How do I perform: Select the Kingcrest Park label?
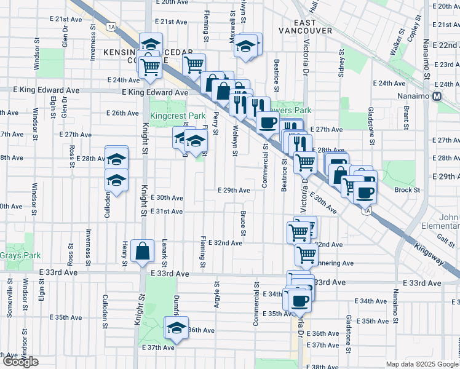[178, 116]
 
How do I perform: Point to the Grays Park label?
[20, 255]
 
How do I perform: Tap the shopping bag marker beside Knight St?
[142, 251]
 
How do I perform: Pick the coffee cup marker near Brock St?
[365, 192]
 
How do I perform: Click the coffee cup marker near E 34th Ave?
[300, 300]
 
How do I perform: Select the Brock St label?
[407, 190]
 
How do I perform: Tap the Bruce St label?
[244, 225]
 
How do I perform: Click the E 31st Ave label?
[168, 212]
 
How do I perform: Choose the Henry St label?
[125, 255]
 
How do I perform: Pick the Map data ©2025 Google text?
[422, 364]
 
